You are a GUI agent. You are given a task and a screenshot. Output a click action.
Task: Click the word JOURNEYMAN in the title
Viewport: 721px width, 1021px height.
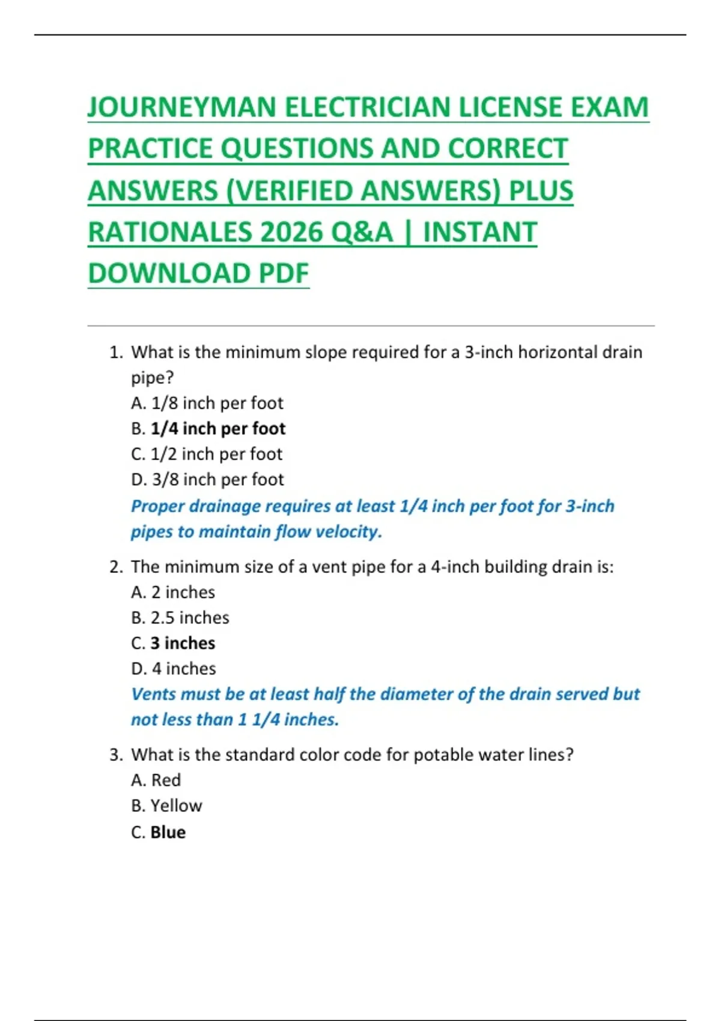pos(182,108)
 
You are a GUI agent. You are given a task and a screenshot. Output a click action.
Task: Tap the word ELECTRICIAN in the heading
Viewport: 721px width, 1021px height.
pos(368,108)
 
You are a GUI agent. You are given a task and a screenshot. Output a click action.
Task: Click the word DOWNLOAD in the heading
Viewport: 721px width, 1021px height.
pos(169,273)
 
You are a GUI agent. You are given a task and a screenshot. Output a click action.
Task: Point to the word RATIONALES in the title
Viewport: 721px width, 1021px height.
pos(170,232)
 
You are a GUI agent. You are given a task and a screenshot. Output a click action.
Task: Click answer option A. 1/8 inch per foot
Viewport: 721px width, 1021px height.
pos(207,403)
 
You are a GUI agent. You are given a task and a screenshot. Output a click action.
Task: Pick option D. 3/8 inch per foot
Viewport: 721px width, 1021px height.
pos(207,479)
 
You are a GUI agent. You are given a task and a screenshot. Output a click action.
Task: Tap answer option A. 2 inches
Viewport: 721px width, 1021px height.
pos(173,592)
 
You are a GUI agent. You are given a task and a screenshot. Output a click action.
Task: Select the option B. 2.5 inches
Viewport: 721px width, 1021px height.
pos(180,617)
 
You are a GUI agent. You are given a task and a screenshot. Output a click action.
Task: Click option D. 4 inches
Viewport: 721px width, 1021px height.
pos(173,668)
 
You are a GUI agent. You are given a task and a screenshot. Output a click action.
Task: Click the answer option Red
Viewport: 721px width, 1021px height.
pos(165,780)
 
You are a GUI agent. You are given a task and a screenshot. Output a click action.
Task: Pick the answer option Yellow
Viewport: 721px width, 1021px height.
pos(176,805)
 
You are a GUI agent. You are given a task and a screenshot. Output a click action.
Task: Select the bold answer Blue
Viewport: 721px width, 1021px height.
pos(168,832)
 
